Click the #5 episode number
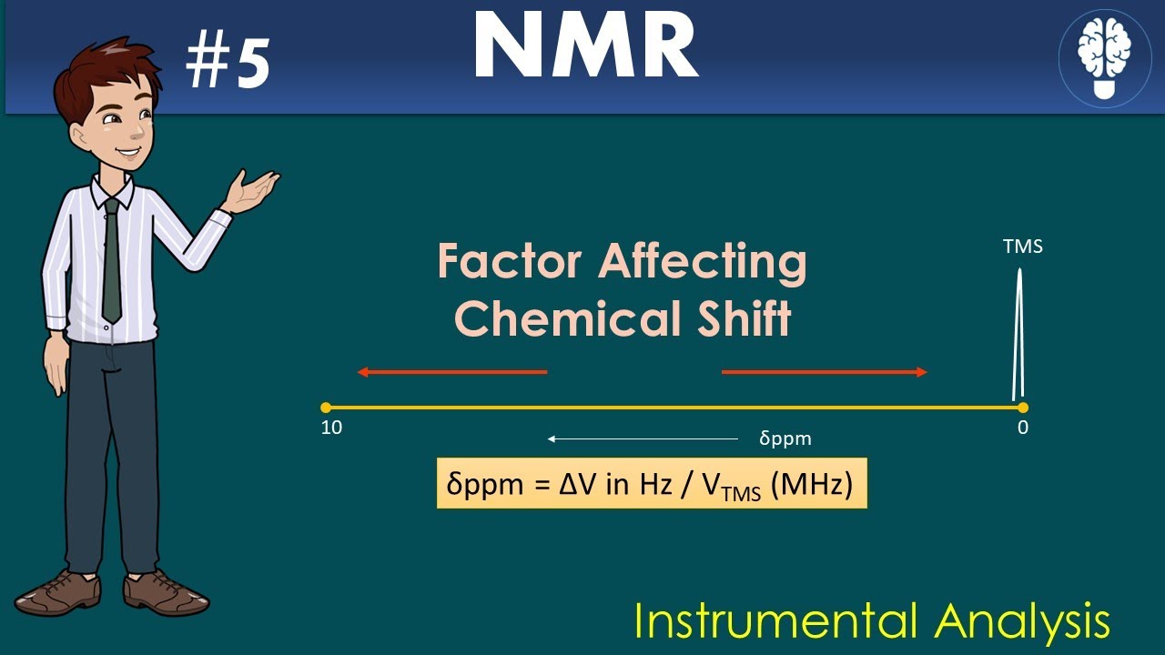[x=228, y=65]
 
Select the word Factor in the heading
[x=509, y=263]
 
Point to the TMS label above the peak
[x=1022, y=247]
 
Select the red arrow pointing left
[x=451, y=371]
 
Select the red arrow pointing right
[x=825, y=371]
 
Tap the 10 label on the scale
[x=331, y=428]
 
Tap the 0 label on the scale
[x=1023, y=428]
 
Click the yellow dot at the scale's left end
[x=326, y=408]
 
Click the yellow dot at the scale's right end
[x=1023, y=408]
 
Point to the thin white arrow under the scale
[x=643, y=438]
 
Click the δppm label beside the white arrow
[x=785, y=438]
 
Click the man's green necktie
[x=111, y=264]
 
